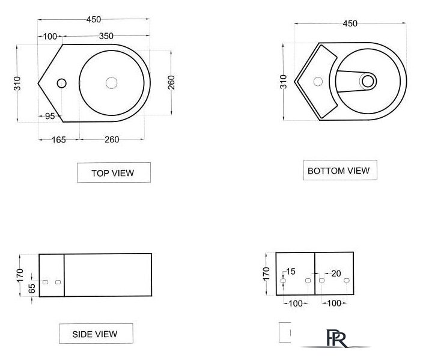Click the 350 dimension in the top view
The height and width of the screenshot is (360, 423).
[106, 36]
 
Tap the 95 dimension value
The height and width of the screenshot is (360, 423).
[50, 116]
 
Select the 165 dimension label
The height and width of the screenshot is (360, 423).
[58, 140]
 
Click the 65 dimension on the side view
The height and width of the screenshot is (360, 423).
[32, 288]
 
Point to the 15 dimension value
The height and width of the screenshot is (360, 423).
[291, 271]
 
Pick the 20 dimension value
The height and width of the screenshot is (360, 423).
[336, 273]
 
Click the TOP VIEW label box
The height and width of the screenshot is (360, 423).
[114, 172]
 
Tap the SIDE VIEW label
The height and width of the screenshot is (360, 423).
[96, 334]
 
